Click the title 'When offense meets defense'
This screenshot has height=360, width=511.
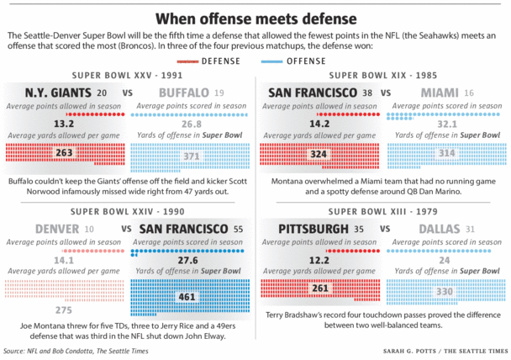(x=255, y=16)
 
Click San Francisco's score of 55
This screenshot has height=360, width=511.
(x=239, y=229)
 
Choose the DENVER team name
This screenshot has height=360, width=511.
(x=58, y=229)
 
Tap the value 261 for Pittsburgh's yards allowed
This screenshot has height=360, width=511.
(x=319, y=288)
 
